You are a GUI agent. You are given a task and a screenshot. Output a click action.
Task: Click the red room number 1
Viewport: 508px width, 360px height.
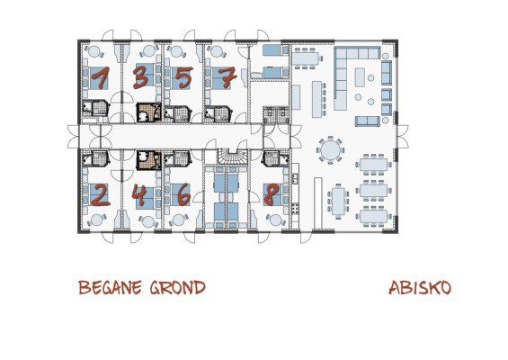click(101, 77)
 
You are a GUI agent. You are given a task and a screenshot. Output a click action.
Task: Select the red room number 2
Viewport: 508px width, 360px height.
click(100, 194)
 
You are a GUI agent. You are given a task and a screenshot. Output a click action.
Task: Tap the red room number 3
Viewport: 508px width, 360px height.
click(141, 76)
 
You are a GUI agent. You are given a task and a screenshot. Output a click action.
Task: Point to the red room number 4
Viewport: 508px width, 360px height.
click(140, 195)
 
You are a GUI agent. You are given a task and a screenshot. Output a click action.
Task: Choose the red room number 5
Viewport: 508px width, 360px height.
click(184, 77)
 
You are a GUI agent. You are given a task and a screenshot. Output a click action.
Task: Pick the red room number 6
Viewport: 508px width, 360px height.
click(183, 194)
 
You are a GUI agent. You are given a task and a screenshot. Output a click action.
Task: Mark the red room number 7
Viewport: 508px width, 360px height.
click(227, 77)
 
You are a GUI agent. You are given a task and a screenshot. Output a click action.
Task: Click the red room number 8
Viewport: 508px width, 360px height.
click(272, 194)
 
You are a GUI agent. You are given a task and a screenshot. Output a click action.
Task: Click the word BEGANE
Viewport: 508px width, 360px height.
click(111, 287)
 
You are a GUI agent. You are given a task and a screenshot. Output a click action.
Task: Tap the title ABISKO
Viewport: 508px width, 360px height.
click(420, 288)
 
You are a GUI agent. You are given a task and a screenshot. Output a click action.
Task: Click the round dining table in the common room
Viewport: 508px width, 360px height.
click(331, 149)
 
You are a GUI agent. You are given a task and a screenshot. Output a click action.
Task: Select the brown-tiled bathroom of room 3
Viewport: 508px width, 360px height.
click(148, 112)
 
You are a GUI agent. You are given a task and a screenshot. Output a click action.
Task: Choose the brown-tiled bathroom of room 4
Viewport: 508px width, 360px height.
click(148, 160)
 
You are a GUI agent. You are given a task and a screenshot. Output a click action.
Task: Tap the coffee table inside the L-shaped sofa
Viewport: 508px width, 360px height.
click(360, 77)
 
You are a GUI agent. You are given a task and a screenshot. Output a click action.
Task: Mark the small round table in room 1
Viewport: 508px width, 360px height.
click(94, 51)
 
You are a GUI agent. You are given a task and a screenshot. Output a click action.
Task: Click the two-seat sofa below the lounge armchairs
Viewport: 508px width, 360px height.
click(368, 121)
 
